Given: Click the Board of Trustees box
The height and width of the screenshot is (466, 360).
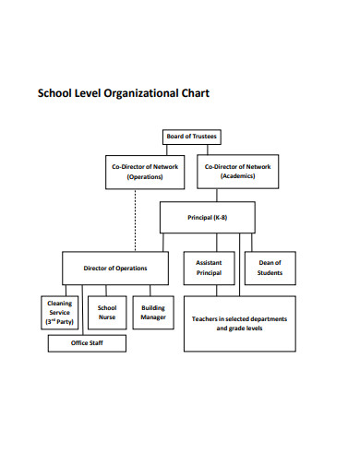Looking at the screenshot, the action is [x=192, y=137].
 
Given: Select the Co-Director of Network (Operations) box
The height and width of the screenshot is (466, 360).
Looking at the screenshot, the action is [x=145, y=171].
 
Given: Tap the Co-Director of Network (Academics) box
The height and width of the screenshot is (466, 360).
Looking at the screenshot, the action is [x=238, y=171].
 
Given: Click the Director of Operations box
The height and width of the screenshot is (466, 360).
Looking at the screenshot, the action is [x=114, y=268].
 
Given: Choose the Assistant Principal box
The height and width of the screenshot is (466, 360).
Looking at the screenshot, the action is [x=210, y=268].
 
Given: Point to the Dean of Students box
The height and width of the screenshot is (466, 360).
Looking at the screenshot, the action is [x=270, y=268].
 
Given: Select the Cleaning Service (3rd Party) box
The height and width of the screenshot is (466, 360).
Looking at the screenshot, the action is [x=61, y=312].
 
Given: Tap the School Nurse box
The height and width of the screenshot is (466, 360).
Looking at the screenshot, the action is [x=107, y=312].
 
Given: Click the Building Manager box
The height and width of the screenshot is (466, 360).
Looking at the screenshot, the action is [x=153, y=312].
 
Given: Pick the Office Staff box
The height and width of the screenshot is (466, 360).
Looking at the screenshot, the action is [x=88, y=342].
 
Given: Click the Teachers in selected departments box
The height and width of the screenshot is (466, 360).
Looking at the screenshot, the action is [x=238, y=323].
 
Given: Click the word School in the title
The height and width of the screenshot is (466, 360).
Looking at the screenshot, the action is [x=54, y=93].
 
